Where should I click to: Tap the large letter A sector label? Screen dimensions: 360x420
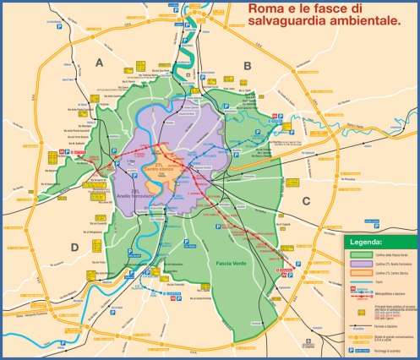click(99, 63)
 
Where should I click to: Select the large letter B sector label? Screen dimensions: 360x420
click(248, 65)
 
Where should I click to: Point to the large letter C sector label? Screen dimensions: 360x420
click(306, 200)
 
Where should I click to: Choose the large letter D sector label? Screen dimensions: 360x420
click(74, 247)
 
